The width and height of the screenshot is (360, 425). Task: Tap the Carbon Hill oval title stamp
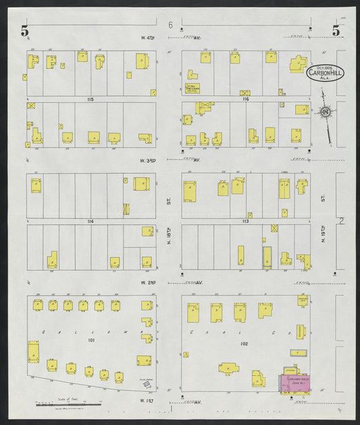pyautogui.click(x=319, y=72)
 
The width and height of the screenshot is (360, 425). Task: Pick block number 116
pyautogui.click(x=245, y=99)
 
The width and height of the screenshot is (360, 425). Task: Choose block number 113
pyautogui.click(x=245, y=222)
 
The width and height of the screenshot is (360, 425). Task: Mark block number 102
pyautogui.click(x=244, y=344)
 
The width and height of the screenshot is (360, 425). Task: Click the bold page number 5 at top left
pyautogui.click(x=26, y=30)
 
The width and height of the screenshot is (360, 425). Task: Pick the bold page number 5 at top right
pyautogui.click(x=336, y=30)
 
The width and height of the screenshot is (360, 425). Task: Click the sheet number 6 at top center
pyautogui.click(x=172, y=26)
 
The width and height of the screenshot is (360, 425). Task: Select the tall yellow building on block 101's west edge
pyautogui.click(x=33, y=351)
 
